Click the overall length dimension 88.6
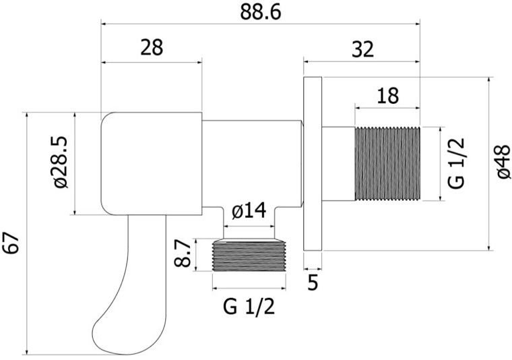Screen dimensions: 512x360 click(x=260, y=13)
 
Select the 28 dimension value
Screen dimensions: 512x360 click(x=152, y=47)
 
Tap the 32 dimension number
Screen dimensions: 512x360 click(x=362, y=50)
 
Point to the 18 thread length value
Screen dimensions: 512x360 click(x=387, y=96)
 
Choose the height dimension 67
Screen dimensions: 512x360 click(x=12, y=243)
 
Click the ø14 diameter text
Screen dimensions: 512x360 click(x=249, y=211)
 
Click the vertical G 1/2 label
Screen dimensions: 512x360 click(x=456, y=163)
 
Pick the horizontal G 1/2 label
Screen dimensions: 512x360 click(x=249, y=307)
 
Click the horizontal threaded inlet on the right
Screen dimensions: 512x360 click(x=387, y=163)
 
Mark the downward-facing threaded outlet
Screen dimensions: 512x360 click(x=249, y=256)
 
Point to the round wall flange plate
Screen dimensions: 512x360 click(x=313, y=164)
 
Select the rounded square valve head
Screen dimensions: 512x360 click(x=151, y=164)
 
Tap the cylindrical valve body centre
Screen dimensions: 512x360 click(x=251, y=163)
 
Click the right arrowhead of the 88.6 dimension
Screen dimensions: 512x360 click(x=418, y=24)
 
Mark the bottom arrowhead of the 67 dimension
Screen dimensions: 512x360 click(x=27, y=352)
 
